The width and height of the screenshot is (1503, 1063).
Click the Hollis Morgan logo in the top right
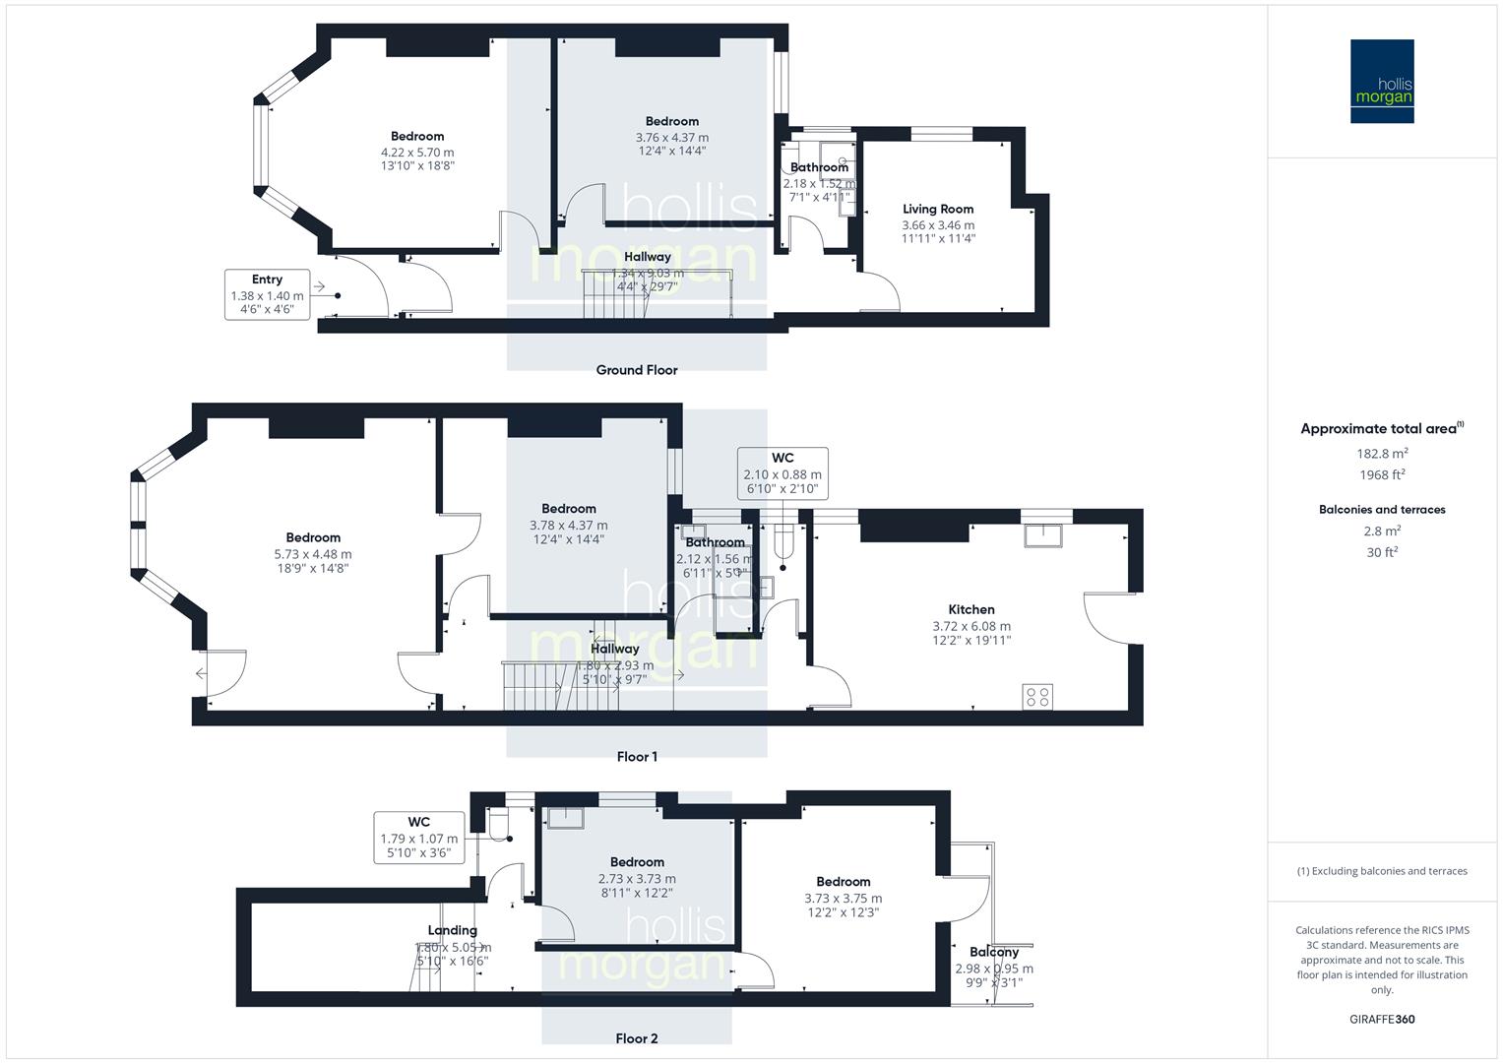click(1381, 81)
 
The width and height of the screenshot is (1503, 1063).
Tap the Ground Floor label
click(637, 370)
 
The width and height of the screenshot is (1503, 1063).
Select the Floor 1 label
click(637, 757)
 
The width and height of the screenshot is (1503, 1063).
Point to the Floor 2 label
click(637, 1038)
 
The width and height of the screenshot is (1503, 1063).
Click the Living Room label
click(938, 209)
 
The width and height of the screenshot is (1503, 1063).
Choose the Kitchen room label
click(971, 609)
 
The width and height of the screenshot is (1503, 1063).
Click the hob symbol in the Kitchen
click(1037, 697)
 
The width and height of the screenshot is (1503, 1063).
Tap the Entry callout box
click(267, 294)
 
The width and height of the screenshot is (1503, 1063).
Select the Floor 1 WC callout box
click(783, 473)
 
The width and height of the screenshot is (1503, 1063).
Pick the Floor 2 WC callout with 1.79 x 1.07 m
click(418, 838)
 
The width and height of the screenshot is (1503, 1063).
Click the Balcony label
click(993, 952)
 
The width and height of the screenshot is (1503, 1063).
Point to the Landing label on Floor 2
click(453, 930)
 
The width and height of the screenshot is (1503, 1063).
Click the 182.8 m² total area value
click(1382, 454)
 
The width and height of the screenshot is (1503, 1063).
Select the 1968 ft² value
click(1382, 474)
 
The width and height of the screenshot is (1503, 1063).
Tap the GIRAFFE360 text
click(1382, 1020)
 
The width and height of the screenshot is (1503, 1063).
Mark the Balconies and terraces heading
click(1382, 510)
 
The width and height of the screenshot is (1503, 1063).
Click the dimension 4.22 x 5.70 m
click(417, 153)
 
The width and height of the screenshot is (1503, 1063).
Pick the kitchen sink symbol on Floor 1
click(1045, 535)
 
